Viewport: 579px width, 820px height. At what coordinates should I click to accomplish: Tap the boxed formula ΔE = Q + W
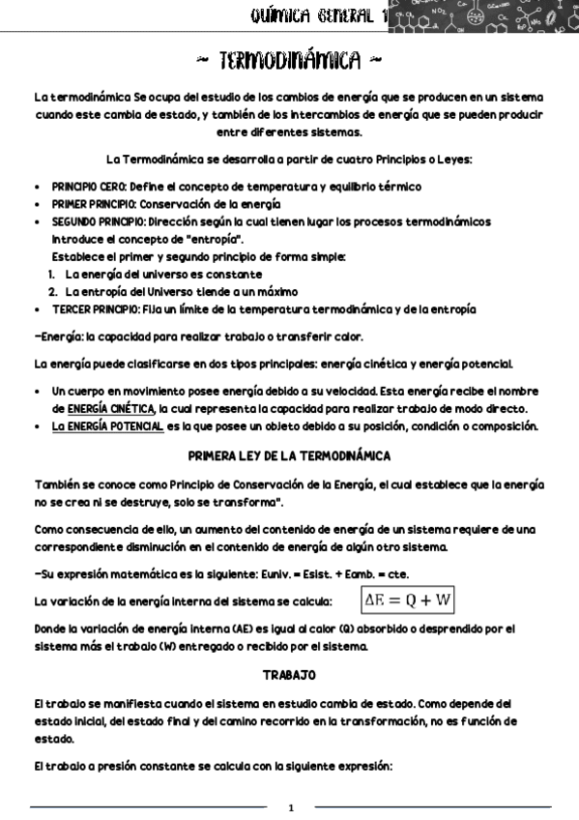(408, 600)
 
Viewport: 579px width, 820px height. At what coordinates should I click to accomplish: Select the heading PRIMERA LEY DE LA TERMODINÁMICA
(289, 454)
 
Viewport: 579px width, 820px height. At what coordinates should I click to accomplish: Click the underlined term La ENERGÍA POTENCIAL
(107, 426)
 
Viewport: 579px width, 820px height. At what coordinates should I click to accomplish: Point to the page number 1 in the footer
(291, 806)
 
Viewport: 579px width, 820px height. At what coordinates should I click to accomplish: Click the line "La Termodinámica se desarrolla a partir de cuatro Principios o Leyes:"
(289, 159)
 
